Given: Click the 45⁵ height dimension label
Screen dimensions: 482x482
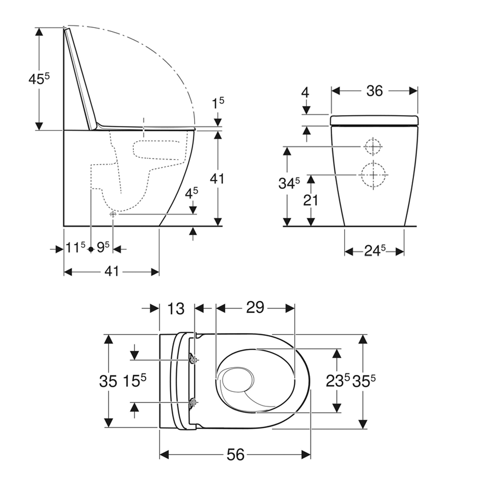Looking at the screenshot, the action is pos(39,79).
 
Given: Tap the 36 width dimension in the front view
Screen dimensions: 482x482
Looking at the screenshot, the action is pos(375,91).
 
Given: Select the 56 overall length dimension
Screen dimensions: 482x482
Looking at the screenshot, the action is pos(236,455).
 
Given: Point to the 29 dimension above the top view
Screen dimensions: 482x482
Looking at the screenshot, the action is pos(255,307).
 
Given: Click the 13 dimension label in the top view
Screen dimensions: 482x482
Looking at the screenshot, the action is pos(176,308).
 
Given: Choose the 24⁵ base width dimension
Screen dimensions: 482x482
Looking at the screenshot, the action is pos(375,251).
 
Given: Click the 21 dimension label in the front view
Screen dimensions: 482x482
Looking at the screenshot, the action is pos(310,201).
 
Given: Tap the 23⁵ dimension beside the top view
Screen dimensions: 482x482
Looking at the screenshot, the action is pos(337,381).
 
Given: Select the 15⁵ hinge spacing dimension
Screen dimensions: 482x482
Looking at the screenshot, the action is pos(134,381).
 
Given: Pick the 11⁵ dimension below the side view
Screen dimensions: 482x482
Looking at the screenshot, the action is pos(75,247).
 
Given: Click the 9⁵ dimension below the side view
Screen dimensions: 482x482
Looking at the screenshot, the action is pos(103,247).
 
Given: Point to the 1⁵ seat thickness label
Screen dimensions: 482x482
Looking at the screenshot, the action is pos(218,103).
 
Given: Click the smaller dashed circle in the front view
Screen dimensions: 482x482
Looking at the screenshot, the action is pos(373,147).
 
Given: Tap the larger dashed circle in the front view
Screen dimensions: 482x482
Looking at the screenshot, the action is pos(373,174).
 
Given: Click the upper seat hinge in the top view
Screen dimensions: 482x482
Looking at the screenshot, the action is pos(193,359).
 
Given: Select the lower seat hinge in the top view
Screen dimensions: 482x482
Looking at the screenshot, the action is pos(193,402).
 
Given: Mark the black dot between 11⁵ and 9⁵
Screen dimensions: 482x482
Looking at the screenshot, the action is pos(91,249).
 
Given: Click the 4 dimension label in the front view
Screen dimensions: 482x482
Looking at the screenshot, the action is pos(305,93).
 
